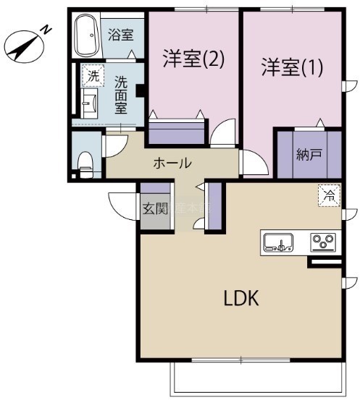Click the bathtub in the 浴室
(x=87, y=35)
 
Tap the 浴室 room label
(x=121, y=35)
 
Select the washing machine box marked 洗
(x=93, y=75)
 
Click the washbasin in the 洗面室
(x=89, y=103)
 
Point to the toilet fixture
(x=85, y=164)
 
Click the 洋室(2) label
(x=194, y=59)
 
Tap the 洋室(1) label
(x=292, y=67)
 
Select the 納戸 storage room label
(x=309, y=154)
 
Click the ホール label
(x=172, y=163)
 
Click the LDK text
(x=241, y=298)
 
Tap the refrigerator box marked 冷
(x=330, y=195)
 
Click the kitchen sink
(x=279, y=242)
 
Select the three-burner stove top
(x=323, y=242)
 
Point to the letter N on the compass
(x=46, y=30)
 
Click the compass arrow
(x=25, y=47)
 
